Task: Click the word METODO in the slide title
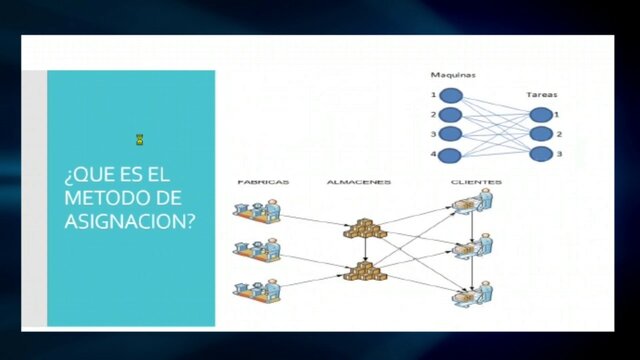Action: [x=99, y=199]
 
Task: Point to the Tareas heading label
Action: [x=541, y=96]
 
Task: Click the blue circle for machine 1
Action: [x=451, y=96]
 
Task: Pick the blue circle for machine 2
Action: [x=451, y=115]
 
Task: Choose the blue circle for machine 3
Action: [x=451, y=134]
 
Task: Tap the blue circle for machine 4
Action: [x=451, y=154]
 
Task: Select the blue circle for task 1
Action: [x=541, y=115]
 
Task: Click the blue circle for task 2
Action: [x=541, y=134]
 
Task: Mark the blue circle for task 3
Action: [x=541, y=154]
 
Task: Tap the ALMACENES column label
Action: [x=358, y=182]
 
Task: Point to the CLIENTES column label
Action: [x=469, y=182]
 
